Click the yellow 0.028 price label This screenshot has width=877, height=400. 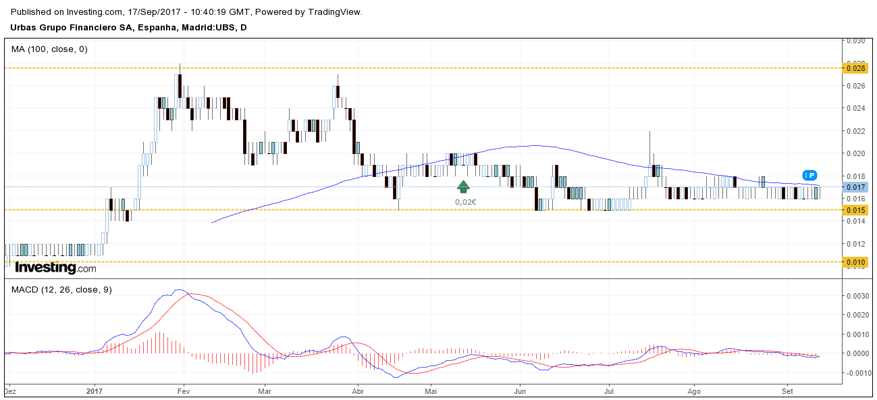pos(856,68)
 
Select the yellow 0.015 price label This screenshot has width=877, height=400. pos(856,210)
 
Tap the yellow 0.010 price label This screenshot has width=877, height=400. pos(856,262)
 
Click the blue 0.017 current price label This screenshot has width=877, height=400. pos(856,187)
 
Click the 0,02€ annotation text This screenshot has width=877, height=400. pos(466,201)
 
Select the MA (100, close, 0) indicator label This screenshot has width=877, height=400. pos(49,49)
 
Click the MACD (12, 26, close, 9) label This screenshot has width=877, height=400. pos(61,290)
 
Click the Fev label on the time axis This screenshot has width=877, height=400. pos(182,391)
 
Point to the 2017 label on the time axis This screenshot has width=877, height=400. pos(95,391)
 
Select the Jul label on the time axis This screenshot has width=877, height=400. pos(609,391)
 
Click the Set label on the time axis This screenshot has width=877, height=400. pos(787,391)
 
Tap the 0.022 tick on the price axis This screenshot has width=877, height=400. pos(856,131)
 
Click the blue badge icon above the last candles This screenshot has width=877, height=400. pos(810,175)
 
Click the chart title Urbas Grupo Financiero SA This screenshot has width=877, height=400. pos(74,28)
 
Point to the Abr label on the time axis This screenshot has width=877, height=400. pos(358,391)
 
